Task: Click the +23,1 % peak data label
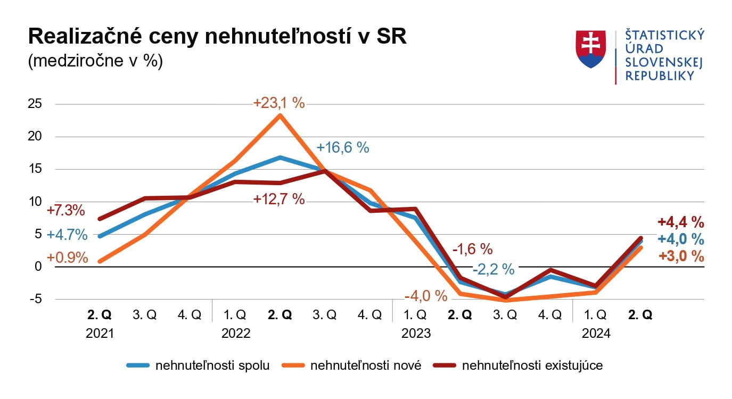[279, 103]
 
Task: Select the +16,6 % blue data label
[342, 147]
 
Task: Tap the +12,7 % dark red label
[279, 199]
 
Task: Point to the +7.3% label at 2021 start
[66, 210]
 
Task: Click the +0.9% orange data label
[67, 257]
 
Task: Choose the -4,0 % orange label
[425, 296]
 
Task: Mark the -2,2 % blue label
[493, 269]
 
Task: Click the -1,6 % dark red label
[472, 248]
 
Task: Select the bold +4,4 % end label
[681, 222]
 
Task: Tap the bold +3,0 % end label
[681, 256]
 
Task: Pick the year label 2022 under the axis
[235, 334]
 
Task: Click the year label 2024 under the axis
[596, 334]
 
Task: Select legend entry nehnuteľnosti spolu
[212, 365]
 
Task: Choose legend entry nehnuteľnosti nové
[365, 365]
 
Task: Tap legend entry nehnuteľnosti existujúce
[532, 365]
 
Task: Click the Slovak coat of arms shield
[590, 49]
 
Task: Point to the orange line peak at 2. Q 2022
[279, 115]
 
